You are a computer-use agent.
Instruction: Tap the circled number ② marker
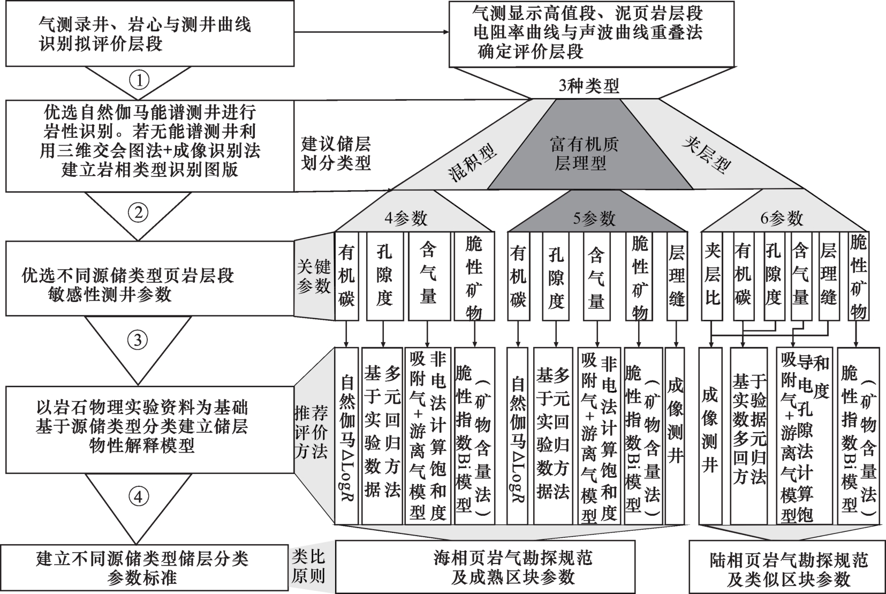(138, 213)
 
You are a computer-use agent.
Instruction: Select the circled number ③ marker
(138, 340)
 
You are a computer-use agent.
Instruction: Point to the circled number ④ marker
(138, 497)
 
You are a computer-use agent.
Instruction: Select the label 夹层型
(707, 155)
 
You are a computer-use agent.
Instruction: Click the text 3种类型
(589, 86)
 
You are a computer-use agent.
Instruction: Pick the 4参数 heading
(406, 218)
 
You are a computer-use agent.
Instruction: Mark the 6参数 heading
(782, 218)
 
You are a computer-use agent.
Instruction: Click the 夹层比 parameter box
(713, 276)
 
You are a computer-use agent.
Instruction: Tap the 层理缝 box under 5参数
(677, 276)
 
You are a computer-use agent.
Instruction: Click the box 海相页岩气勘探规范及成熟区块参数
(485, 567)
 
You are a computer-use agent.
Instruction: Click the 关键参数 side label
(314, 277)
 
